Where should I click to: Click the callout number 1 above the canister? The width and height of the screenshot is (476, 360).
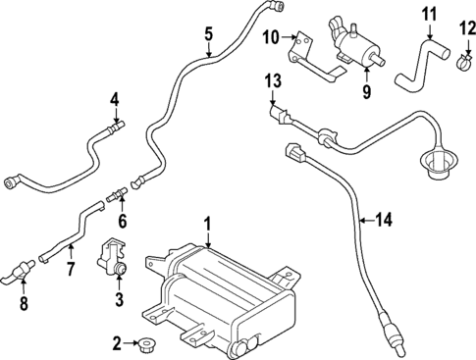click(x=207, y=225)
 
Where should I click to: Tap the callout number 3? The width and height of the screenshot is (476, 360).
click(x=119, y=298)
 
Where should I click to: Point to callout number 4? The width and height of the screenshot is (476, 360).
click(x=115, y=99)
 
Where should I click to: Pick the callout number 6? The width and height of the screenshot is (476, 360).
click(x=123, y=222)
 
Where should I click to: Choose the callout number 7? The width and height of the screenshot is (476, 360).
click(x=70, y=268)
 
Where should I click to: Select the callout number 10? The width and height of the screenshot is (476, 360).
click(x=271, y=37)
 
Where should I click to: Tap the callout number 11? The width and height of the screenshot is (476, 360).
click(x=427, y=14)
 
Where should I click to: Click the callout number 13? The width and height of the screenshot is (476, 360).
click(x=272, y=78)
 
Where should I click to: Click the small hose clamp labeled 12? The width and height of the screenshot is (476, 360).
click(x=460, y=65)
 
